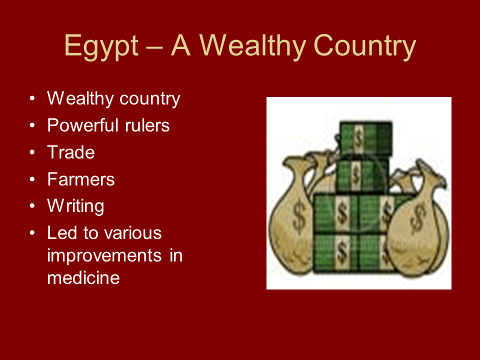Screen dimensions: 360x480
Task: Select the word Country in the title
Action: click(365, 46)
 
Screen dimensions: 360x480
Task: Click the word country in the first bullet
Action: click(149, 98)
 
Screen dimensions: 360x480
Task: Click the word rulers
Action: click(147, 125)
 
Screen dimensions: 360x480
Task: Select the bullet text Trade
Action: click(70, 152)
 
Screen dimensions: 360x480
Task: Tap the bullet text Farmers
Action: click(80, 179)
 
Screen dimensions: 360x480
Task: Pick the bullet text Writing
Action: click(75, 206)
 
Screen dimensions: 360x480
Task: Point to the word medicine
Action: click(83, 277)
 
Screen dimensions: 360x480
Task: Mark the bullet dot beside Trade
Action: click(32, 152)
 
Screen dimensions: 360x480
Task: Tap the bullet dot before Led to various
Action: click(32, 233)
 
